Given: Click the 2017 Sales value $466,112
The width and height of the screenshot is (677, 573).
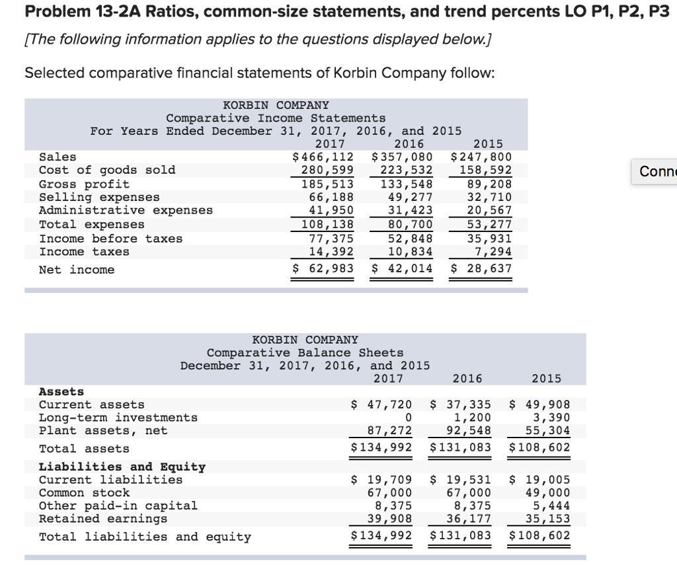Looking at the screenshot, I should click(x=323, y=157).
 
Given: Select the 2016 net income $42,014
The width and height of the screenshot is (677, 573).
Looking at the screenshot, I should click(x=402, y=268).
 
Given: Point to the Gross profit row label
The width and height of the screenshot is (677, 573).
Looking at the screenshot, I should click(x=85, y=184).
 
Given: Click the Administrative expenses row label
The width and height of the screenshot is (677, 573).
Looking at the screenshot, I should click(x=126, y=210).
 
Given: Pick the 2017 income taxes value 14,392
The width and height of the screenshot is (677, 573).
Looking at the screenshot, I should click(x=331, y=251).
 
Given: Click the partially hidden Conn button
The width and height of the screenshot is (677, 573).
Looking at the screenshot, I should click(x=654, y=172).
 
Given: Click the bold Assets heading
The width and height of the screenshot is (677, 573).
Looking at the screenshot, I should click(x=61, y=391).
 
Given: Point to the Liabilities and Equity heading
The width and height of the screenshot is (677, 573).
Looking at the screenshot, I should click(x=122, y=467).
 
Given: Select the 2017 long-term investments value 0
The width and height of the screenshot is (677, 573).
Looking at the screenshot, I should click(x=408, y=418).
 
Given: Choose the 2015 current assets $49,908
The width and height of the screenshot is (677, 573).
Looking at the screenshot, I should click(x=540, y=404).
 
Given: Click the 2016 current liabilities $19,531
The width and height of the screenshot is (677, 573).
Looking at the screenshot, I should click(x=461, y=480).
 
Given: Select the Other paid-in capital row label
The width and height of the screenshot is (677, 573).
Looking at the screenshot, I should click(x=118, y=506).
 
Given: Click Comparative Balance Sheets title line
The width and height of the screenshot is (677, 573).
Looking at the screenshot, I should click(x=305, y=353).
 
